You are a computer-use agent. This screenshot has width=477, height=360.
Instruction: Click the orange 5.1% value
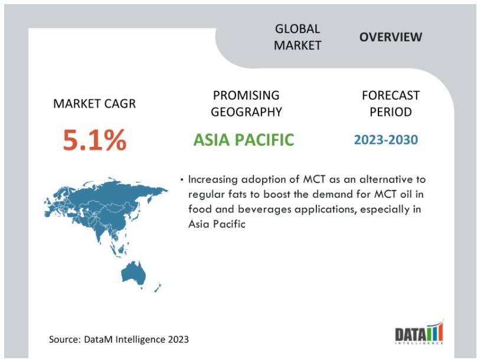click(94, 140)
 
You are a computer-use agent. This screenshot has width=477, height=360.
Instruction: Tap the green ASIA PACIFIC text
click(244, 140)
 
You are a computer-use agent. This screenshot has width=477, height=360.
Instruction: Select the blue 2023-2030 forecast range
click(386, 140)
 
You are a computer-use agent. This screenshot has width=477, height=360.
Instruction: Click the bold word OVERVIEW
click(391, 37)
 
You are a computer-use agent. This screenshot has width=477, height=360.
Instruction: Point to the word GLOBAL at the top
click(298, 29)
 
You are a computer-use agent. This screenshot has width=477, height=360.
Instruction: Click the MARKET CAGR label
click(94, 104)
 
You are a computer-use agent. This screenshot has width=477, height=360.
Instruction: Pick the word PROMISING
click(246, 96)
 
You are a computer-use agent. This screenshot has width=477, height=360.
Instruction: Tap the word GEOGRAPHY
click(246, 112)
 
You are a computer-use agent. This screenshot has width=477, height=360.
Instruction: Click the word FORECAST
click(391, 96)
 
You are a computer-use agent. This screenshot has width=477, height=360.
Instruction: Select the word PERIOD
click(391, 112)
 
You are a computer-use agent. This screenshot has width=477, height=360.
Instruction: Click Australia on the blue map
click(133, 273)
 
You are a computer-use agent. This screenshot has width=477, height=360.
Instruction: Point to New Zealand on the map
click(158, 287)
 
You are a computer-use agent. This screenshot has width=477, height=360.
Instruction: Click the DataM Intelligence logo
click(419, 332)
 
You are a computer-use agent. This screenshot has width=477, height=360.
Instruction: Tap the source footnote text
click(119, 339)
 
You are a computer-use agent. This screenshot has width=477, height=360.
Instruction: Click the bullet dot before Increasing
click(182, 179)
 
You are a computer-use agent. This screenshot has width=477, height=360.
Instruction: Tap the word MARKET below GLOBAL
click(298, 45)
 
